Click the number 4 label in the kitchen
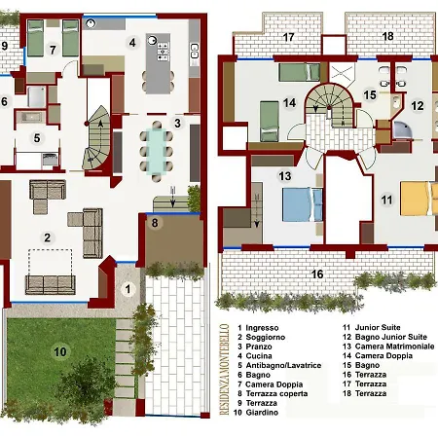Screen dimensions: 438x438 (x=132, y=43)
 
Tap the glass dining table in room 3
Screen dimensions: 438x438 (x=157, y=152)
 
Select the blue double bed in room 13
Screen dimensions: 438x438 (x=303, y=204)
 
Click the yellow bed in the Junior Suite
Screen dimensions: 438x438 (x=419, y=199)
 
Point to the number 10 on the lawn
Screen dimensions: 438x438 (x=60, y=352)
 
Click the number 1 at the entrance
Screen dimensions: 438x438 (x=128, y=289)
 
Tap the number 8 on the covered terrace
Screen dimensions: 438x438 (x=155, y=223)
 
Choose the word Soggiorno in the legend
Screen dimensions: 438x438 (x=266, y=337)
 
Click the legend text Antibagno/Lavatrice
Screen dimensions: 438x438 (x=283, y=365)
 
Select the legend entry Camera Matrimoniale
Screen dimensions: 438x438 (x=394, y=347)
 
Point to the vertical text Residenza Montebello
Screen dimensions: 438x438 (x=224, y=370)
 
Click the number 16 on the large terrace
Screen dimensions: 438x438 (x=317, y=274)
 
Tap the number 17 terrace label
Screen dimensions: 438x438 (x=288, y=37)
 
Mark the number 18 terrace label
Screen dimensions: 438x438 (x=388, y=36)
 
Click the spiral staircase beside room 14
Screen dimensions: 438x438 (x=329, y=106)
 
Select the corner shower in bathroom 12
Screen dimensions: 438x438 (x=402, y=130)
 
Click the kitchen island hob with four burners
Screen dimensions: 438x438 (x=163, y=52)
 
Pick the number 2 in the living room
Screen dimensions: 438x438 (x=48, y=237)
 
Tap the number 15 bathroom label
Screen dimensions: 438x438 (x=370, y=95)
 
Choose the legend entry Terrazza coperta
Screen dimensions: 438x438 (x=276, y=393)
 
